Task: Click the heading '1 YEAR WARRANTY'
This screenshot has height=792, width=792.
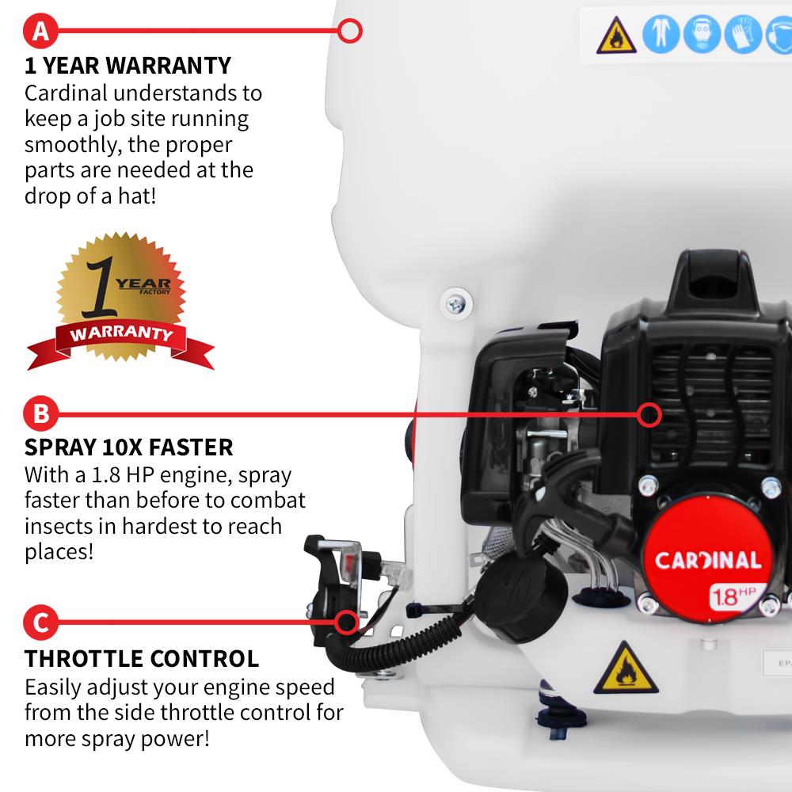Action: [128, 65]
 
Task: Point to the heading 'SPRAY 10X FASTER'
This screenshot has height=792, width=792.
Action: [129, 447]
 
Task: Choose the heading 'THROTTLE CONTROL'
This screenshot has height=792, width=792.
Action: [142, 658]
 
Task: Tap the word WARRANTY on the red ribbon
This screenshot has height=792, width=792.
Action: [121, 333]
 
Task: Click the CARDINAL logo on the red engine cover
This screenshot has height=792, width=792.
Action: [707, 560]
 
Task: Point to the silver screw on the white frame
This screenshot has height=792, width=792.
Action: [456, 302]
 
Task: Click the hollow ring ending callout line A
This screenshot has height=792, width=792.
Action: [350, 32]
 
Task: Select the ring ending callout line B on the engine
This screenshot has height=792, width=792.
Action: [649, 413]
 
